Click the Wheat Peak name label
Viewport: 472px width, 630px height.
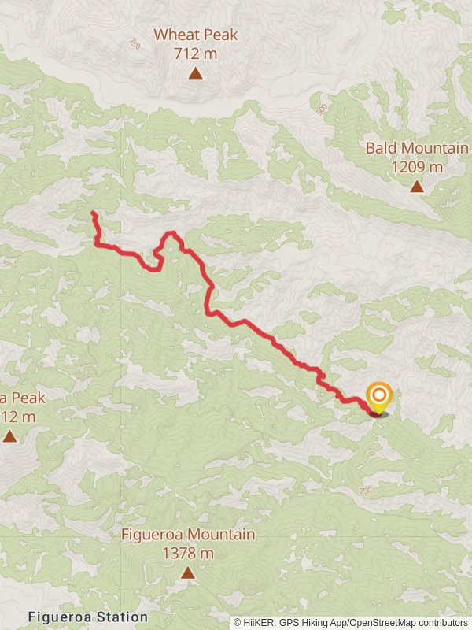195,35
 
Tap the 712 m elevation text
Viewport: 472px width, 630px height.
195,54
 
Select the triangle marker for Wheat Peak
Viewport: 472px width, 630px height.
195,74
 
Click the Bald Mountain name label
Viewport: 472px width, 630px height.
416,148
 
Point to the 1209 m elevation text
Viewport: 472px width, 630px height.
416,167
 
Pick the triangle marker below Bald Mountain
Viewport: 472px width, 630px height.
416,187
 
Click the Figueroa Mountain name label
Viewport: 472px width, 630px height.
187,535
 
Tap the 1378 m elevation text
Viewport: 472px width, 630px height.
187,553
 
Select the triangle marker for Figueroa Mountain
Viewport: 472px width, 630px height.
187,573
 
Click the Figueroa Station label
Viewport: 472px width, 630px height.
87,617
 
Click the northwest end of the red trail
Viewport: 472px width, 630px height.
93,213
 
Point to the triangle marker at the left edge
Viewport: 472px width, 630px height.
9,435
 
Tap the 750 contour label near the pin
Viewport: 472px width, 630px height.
365,491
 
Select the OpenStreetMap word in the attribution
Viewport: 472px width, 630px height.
374,622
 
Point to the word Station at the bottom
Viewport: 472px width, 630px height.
120,617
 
